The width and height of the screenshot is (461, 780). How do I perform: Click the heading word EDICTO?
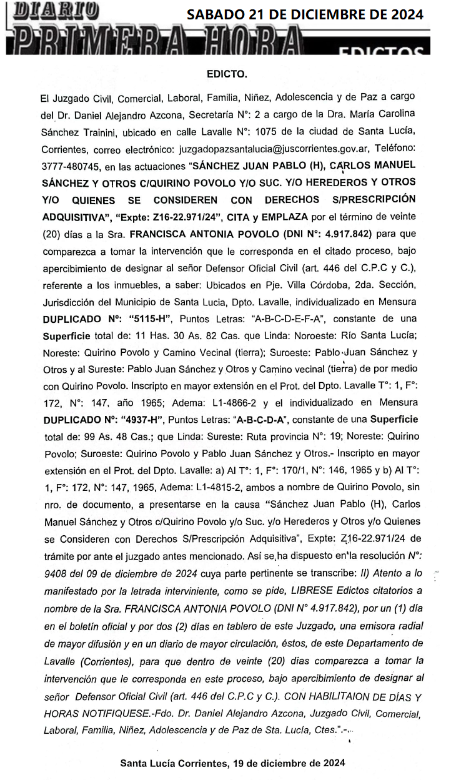pos(227,74)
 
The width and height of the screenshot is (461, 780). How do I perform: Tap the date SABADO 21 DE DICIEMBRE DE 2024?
pos(305,14)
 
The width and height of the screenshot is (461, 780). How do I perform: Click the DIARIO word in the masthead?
pos(55,11)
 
